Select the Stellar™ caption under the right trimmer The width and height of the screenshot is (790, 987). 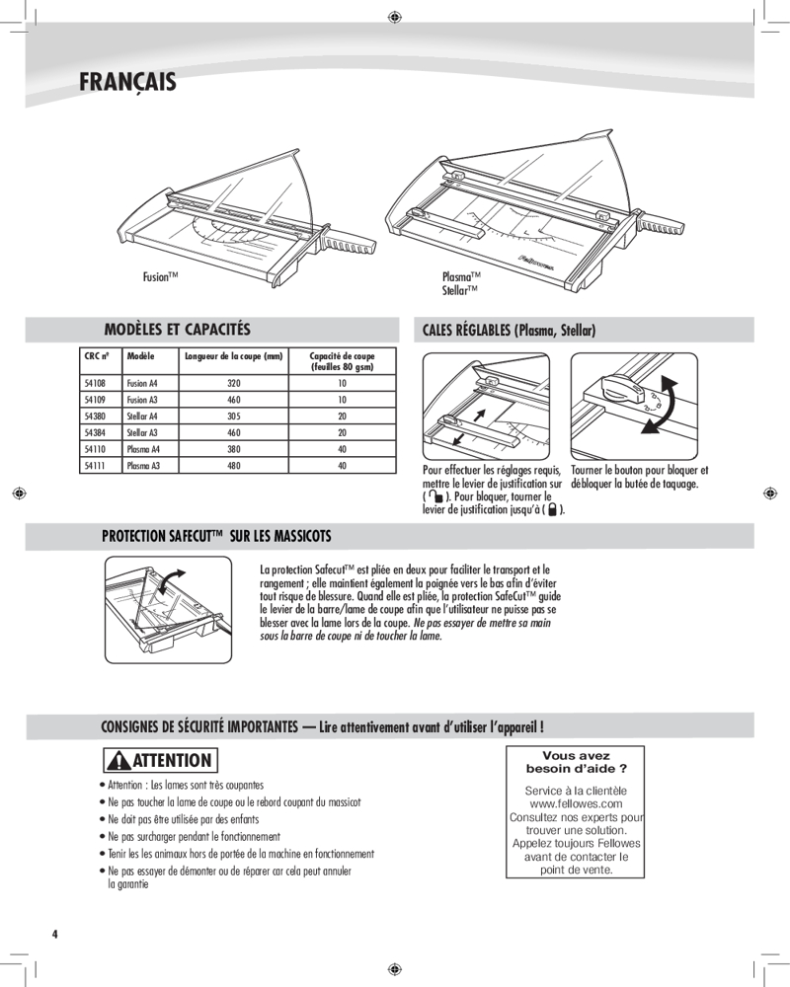[460, 291]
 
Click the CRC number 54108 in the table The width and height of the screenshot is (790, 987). [95, 383]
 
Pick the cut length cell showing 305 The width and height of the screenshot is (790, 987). [233, 417]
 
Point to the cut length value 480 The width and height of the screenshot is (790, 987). [233, 465]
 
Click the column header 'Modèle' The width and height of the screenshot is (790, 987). [140, 355]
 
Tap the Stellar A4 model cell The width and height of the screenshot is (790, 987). [142, 417]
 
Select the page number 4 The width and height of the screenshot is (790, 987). [55, 934]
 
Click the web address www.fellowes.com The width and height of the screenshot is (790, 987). [576, 804]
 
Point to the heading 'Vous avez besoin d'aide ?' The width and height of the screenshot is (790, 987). [576, 762]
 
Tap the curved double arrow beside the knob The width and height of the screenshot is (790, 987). [659, 408]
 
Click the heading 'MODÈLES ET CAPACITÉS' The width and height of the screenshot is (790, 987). [177, 329]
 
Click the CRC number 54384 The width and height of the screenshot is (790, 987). [95, 432]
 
